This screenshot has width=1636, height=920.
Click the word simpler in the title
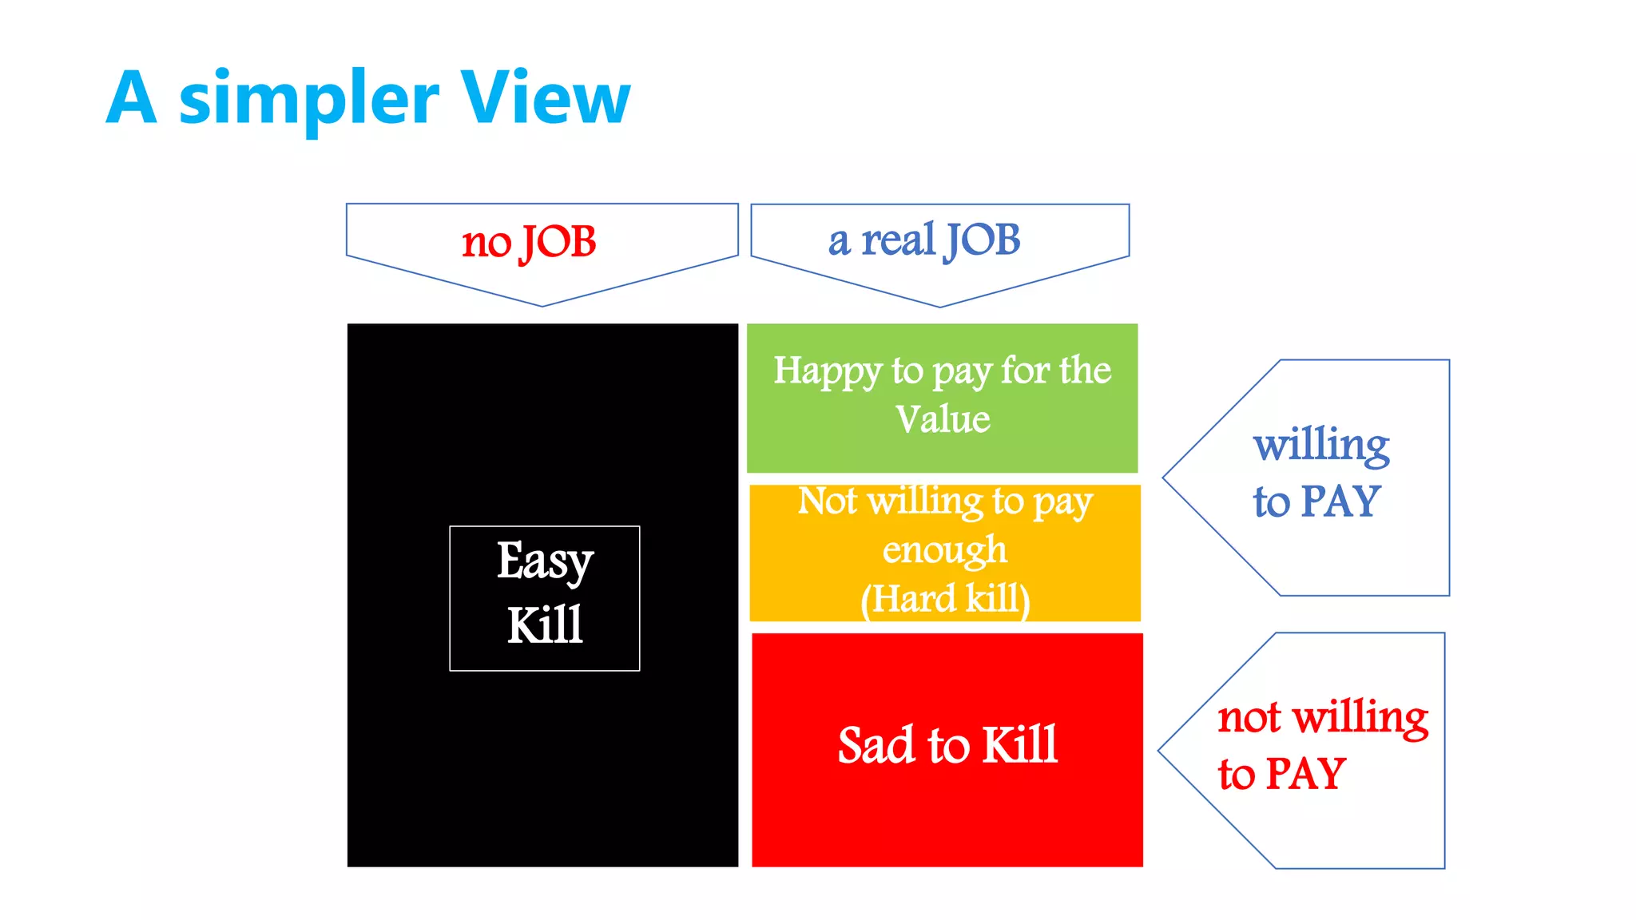(308, 101)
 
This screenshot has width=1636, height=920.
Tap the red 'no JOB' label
(529, 242)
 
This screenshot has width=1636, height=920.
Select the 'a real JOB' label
(924, 240)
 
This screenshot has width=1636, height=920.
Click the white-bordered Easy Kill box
(545, 597)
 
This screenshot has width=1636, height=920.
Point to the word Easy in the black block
(545, 561)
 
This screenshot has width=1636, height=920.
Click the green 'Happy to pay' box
(942, 397)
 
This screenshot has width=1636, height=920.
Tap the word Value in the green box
(943, 419)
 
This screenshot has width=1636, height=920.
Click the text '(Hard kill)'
(945, 599)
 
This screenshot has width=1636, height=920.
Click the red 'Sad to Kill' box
(947, 748)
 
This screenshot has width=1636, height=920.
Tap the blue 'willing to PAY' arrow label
(1320, 473)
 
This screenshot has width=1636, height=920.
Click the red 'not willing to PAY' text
(1322, 745)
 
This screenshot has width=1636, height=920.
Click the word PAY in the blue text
(1341, 502)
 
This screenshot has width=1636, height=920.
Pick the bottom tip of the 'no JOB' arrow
(542, 305)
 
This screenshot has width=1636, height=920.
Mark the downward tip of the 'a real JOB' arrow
(940, 306)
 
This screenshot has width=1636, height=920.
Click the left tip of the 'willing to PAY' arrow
(1165, 478)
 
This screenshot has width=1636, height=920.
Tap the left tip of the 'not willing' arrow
(1160, 751)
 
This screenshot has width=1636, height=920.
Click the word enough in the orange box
(945, 550)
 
